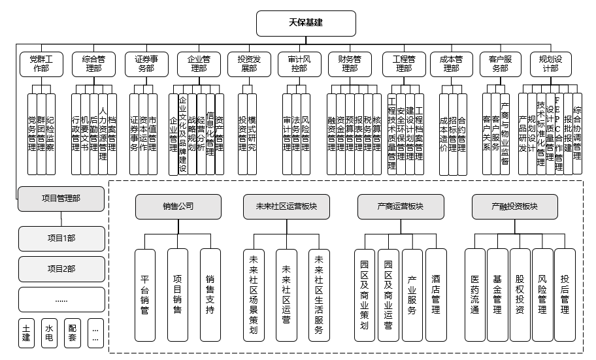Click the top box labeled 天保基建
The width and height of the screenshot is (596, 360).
coord(306,23)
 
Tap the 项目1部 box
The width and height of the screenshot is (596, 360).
coord(61,238)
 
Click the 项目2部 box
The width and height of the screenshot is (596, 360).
coord(61,269)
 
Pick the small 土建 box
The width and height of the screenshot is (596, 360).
coord(26,333)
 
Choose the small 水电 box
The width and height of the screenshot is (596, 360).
coord(50,333)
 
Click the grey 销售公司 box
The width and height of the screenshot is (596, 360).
coord(178,206)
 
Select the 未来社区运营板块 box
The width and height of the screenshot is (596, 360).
coord(286,206)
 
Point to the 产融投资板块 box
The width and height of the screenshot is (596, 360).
coord(514,206)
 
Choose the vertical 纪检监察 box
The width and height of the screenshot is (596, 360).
coord(50,134)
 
